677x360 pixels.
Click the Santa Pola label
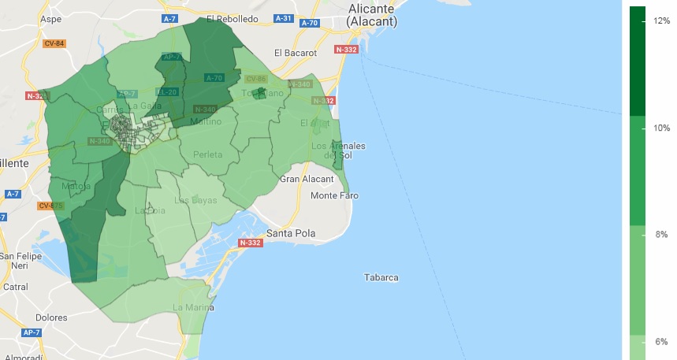click(x=292, y=233)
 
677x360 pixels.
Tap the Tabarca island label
click(x=381, y=277)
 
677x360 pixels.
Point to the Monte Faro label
click(x=334, y=195)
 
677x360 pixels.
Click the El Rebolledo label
click(x=232, y=17)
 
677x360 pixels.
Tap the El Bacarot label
click(x=295, y=53)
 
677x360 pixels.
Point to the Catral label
click(x=16, y=288)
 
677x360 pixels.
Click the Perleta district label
click(x=207, y=155)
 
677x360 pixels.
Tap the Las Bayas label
click(x=195, y=201)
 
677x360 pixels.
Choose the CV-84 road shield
click(x=54, y=43)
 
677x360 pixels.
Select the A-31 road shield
click(x=283, y=18)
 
